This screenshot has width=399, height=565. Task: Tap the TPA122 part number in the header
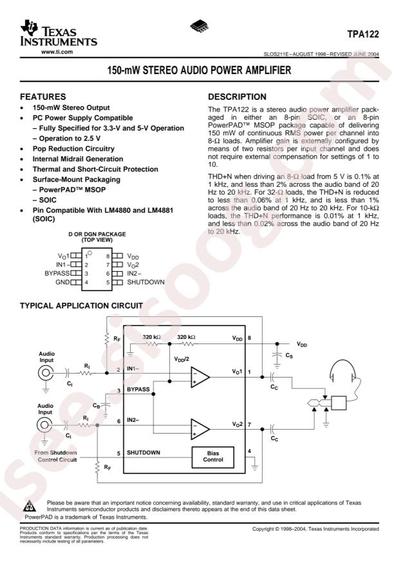[363, 34]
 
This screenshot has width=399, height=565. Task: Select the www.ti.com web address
[57, 52]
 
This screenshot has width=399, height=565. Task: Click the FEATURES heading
[43, 97]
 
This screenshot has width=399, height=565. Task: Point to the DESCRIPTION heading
[237, 97]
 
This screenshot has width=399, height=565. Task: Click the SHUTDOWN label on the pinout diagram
[145, 282]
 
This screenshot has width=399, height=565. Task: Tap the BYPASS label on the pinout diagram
[57, 273]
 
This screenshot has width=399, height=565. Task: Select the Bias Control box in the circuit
[213, 457]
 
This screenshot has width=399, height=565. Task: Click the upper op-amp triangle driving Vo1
[199, 378]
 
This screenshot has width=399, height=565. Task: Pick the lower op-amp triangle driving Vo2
[199, 429]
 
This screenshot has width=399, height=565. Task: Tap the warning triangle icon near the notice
[30, 506]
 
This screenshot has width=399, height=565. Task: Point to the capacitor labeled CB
[106, 405]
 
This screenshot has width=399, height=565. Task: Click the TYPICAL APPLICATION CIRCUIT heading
[81, 305]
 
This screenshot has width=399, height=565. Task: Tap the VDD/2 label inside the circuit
[181, 359]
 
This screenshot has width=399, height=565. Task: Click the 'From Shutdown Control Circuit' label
[56, 456]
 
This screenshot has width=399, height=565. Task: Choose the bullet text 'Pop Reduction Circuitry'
[73, 148]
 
